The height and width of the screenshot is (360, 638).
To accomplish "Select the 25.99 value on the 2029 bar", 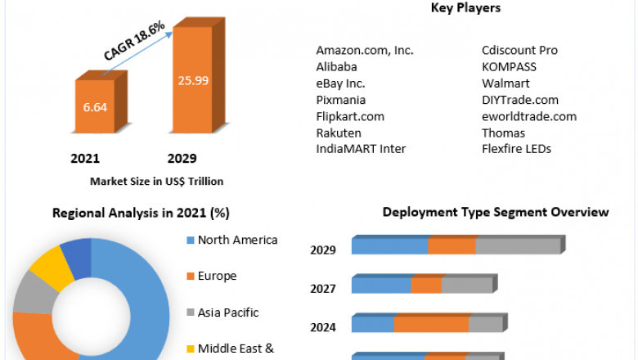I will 195,79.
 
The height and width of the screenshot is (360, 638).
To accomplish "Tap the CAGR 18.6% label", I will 135,41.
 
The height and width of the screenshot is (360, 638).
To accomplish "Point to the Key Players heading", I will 465,8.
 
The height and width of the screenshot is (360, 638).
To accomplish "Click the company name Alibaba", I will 336,67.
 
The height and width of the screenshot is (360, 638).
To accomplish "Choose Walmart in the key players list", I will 505,83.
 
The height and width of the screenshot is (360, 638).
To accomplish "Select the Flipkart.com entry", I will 350,116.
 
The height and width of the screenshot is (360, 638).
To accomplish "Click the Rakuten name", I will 339,133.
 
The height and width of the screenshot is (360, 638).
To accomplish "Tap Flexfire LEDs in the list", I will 516,149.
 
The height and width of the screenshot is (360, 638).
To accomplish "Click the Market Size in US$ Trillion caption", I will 156,181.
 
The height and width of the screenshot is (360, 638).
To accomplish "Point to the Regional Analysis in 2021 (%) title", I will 141,213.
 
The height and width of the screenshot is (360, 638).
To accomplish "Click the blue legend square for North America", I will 191,241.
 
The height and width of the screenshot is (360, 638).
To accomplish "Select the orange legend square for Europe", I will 191,277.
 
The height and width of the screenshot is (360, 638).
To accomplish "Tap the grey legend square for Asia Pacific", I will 191,313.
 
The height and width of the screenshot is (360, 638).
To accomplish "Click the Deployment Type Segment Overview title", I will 496,212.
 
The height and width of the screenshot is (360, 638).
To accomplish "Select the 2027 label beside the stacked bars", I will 323,289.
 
